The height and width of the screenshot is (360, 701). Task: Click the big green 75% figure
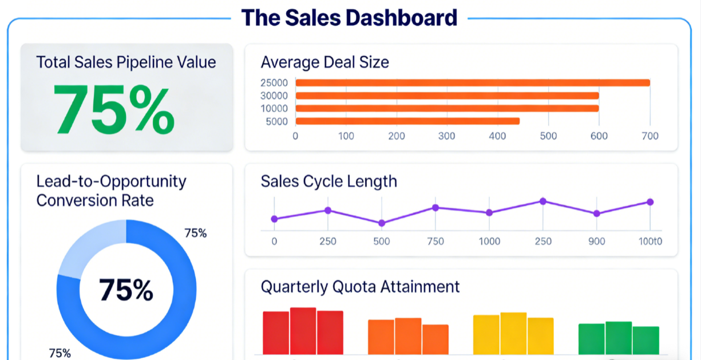[x=114, y=109]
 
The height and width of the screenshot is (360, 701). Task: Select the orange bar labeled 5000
[x=407, y=121]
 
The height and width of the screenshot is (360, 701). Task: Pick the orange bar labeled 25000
[x=472, y=82]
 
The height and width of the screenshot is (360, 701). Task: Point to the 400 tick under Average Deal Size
[x=498, y=136]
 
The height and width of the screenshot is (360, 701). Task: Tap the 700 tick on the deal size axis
[x=650, y=136]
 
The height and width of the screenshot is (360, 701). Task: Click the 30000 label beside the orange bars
[x=274, y=96]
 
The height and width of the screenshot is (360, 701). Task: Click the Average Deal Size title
[x=324, y=62]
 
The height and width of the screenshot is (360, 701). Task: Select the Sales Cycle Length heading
[x=328, y=181]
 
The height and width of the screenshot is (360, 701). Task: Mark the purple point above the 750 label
[x=435, y=208]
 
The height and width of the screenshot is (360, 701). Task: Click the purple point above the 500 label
[x=382, y=223]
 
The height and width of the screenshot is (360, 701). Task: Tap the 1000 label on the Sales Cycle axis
[x=489, y=241]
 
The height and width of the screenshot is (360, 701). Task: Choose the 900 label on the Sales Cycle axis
[x=596, y=241]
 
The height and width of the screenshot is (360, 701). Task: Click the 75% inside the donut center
[x=126, y=290]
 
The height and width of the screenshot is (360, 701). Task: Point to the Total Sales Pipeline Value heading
[x=126, y=62]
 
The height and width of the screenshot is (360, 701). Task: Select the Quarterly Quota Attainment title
[x=360, y=286]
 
